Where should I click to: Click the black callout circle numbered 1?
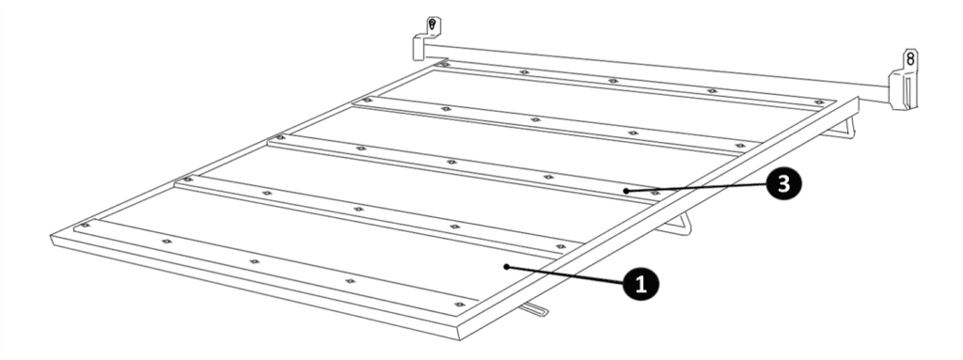click(x=640, y=285)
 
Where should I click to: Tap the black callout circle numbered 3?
click(x=783, y=183)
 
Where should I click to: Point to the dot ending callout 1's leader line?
click(x=506, y=266)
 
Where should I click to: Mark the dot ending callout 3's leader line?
click(x=625, y=191)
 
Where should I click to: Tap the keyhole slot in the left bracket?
click(x=433, y=25)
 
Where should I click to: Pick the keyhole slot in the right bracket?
click(x=910, y=59)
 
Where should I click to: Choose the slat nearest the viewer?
click(x=276, y=265)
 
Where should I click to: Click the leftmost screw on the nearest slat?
click(x=86, y=225)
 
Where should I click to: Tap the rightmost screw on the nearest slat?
click(x=459, y=305)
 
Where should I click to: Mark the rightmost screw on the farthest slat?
click(x=819, y=102)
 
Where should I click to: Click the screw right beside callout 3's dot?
click(x=655, y=193)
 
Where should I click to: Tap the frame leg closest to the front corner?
click(x=535, y=309)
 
